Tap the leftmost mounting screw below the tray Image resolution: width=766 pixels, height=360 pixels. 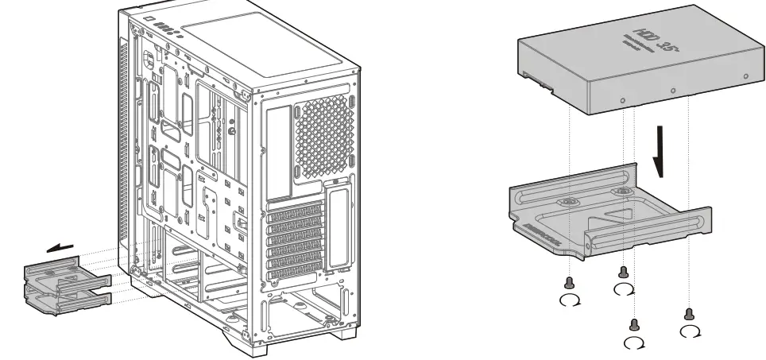[568, 282]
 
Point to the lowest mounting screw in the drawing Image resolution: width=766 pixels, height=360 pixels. [633, 324]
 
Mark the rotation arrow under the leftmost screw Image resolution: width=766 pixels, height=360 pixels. [569, 300]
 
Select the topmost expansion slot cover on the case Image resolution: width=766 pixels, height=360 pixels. [295, 209]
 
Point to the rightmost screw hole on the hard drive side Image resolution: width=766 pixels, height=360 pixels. [745, 76]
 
